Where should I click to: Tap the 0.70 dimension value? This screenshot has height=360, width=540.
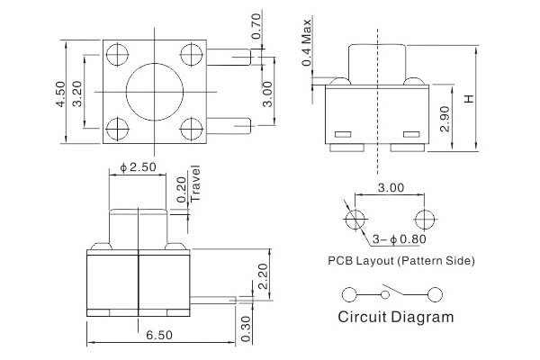256,33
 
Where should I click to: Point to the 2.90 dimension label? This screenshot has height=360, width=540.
447,117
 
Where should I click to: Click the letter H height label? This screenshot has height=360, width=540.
468,98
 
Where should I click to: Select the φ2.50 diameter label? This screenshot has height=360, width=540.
138,167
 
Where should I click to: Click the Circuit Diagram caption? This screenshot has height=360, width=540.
395,317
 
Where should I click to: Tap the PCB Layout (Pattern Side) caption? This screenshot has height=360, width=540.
401,260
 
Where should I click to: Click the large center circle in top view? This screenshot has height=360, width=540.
149,91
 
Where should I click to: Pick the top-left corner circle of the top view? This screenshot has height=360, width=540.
116,56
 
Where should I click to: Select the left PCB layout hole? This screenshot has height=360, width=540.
355,220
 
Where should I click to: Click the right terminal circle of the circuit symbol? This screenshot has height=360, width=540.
436,293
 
